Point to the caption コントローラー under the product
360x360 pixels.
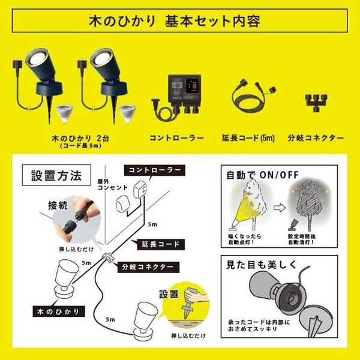click(176, 137)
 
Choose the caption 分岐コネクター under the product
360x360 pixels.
click(316, 137)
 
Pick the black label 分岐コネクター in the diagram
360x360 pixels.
click(147, 265)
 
